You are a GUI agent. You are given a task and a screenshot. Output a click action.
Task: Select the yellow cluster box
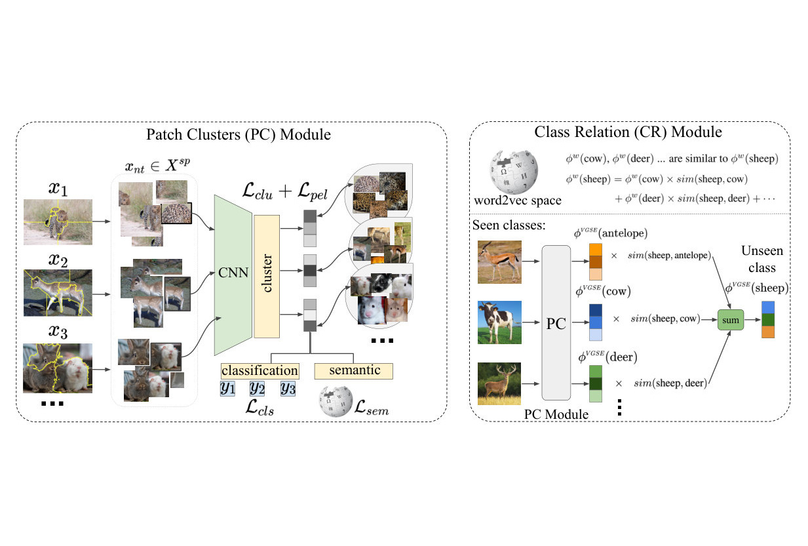point(267,277)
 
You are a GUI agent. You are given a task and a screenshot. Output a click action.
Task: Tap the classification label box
point(260,371)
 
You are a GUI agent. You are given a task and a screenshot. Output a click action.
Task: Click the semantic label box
point(353,371)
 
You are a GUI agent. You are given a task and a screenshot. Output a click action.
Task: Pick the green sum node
point(731,320)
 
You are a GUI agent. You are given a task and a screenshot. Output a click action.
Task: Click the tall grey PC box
point(556,322)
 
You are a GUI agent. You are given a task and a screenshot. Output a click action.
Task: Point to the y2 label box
point(257,389)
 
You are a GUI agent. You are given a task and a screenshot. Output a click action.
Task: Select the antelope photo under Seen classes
point(499,262)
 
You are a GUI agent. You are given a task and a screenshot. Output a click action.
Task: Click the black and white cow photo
point(499,322)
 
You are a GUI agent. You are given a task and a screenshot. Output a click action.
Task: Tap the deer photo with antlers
point(499,383)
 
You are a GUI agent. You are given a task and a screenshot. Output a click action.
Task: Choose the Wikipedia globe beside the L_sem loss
point(336,402)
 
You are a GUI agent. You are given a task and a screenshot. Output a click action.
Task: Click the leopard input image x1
point(58,222)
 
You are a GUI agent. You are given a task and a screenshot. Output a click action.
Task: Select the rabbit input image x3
point(58,368)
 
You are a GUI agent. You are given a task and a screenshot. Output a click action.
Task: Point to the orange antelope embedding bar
point(596,262)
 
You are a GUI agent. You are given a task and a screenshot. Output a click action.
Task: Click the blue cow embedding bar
point(596,322)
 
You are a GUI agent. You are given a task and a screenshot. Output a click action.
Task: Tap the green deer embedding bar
point(596,383)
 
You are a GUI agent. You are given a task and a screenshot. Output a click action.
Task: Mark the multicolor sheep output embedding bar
point(768,320)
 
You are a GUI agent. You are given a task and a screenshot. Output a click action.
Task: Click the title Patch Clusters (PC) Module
point(239,134)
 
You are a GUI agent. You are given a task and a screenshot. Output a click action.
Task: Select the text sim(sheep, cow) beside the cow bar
point(665,319)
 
